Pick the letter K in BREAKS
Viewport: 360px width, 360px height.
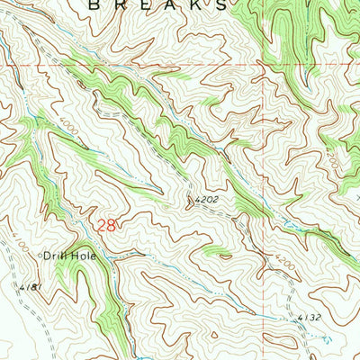202,4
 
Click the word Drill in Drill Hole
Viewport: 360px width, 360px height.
54,256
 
